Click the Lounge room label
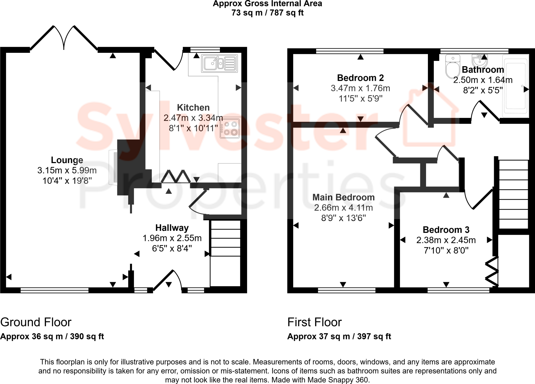click(x=67, y=160)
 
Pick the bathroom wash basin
click(x=480, y=61)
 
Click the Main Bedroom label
click(x=343, y=197)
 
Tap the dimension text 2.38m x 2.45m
click(x=446, y=240)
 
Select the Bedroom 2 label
click(x=360, y=78)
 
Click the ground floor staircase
click(x=225, y=253)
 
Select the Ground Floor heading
click(x=36, y=322)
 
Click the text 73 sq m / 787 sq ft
click(x=267, y=13)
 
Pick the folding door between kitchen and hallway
click(x=176, y=176)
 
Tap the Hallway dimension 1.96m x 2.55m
click(x=172, y=238)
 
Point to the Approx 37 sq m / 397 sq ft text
click(x=339, y=336)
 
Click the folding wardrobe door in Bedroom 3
click(x=492, y=272)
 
